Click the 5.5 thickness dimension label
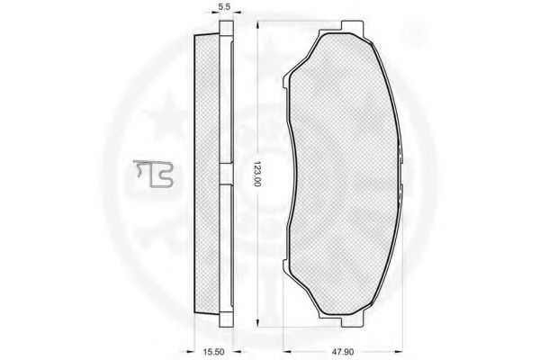coord(224,7)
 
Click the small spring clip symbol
coord(154,174)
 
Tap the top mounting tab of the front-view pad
coord(352,27)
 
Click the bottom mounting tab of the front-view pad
coord(352,321)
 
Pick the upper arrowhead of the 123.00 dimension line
coord(257,26)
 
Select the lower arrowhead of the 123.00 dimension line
coord(257,322)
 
